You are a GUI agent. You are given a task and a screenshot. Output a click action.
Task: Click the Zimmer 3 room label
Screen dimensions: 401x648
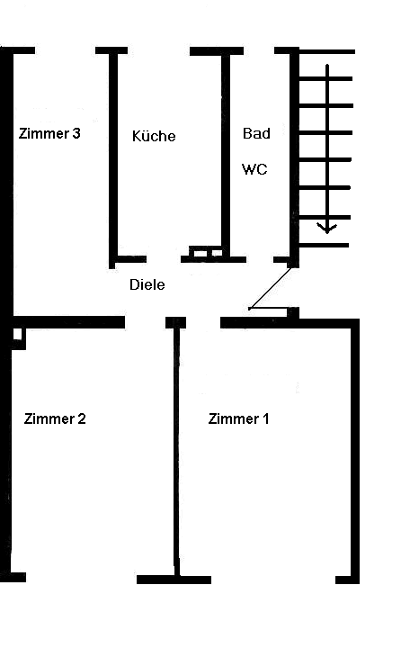pos(49,133)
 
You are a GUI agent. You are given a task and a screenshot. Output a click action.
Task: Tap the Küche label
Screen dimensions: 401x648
pos(154,136)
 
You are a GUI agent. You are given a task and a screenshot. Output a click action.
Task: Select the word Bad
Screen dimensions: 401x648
pos(256,133)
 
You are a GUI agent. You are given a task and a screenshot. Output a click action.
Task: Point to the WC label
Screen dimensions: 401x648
pos(254,169)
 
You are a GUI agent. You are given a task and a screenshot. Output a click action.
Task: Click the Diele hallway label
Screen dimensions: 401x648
pos(147,284)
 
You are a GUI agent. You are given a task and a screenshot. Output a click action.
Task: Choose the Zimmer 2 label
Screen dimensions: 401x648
pos(55,418)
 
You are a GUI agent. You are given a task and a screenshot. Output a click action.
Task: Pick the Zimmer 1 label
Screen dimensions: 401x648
pos(238,418)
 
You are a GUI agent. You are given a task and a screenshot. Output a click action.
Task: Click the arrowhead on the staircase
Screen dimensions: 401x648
pos(327,228)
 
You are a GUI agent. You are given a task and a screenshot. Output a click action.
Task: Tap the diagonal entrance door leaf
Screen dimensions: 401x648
pos(270,288)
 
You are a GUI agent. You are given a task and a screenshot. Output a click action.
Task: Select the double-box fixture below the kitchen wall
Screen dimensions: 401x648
pos(206,252)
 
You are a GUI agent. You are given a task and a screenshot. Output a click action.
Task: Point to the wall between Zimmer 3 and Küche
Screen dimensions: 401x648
pos(113,159)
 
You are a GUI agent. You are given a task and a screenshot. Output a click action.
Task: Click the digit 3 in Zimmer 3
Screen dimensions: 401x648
pos(76,133)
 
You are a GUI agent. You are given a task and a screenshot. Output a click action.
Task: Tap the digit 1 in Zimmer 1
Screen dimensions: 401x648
pos(265,418)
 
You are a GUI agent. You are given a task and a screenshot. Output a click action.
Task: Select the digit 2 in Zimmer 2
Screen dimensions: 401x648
pos(81,418)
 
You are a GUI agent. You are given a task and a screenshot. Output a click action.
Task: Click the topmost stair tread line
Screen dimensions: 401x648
pos(327,51)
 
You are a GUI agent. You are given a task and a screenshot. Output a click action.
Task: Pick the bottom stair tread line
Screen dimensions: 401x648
pos(324,245)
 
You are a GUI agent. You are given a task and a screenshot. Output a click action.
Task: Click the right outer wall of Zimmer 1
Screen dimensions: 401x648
pos(355,451)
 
